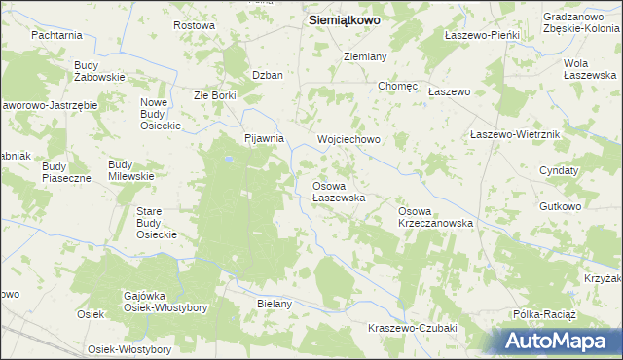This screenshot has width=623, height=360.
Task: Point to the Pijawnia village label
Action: tap(263, 139)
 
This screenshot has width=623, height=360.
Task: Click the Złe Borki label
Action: tap(215, 95)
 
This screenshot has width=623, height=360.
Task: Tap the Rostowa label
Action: tap(193, 25)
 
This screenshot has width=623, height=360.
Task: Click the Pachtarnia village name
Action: tap(55, 35)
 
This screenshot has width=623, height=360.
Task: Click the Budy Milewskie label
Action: tap(130, 170)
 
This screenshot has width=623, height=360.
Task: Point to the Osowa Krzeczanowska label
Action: tap(435, 217)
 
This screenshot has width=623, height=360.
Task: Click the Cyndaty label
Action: tap(559, 170)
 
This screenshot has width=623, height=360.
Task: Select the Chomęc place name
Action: tap(397, 86)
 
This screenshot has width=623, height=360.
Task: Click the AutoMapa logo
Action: tap(560, 341)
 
